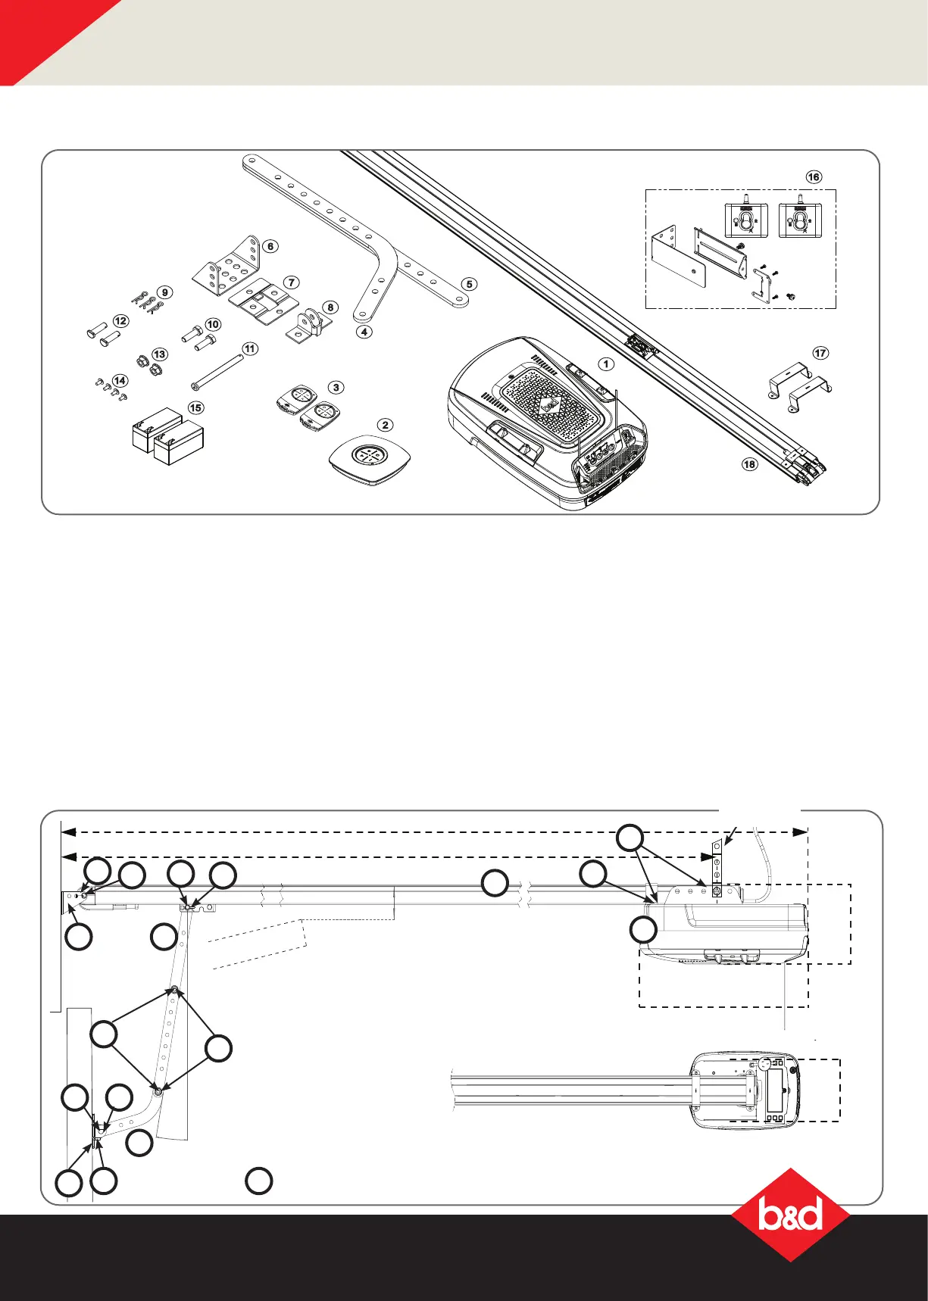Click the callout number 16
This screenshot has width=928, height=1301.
click(x=813, y=177)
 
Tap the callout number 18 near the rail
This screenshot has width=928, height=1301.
click(x=749, y=463)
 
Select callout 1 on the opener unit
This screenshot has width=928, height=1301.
click(x=606, y=363)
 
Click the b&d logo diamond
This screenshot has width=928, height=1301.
click(x=790, y=1215)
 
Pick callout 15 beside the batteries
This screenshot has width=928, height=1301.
click(x=195, y=407)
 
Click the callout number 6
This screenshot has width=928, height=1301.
click(x=270, y=246)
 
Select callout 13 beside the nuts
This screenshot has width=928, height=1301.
click(x=160, y=354)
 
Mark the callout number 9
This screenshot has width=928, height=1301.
click(x=164, y=292)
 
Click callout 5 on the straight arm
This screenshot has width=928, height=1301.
click(x=470, y=284)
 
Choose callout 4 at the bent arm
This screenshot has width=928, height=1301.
click(x=365, y=332)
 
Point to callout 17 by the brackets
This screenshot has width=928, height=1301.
click(x=820, y=353)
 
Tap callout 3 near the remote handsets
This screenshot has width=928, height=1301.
click(x=336, y=387)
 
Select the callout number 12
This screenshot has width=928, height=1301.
click(x=120, y=321)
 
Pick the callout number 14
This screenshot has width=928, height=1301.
click(x=120, y=381)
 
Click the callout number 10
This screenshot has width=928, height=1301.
click(x=213, y=324)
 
